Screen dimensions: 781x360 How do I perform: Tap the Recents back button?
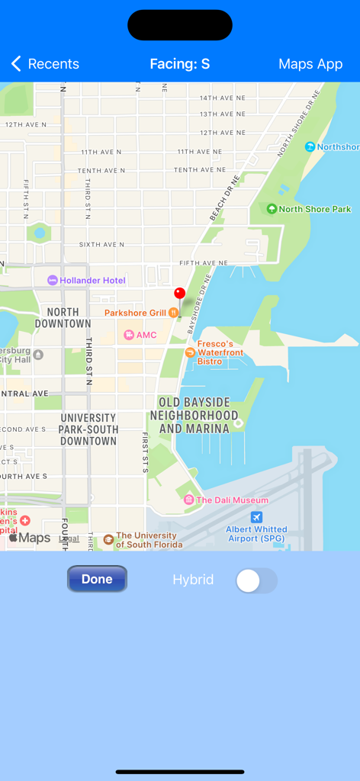(45, 64)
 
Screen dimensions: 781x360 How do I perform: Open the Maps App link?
(310, 64)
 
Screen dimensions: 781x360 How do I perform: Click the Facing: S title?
(180, 64)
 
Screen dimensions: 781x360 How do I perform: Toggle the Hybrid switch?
(256, 580)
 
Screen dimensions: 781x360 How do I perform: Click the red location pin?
(180, 294)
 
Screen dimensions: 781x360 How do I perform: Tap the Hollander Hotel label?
(92, 281)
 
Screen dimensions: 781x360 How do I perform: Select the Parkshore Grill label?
(135, 313)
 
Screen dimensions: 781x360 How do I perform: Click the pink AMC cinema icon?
(129, 335)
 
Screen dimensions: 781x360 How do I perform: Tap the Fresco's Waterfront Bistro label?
(220, 352)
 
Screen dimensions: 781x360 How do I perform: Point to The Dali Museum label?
(232, 500)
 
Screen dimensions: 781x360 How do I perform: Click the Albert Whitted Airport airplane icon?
(256, 517)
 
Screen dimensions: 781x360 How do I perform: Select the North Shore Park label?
(314, 209)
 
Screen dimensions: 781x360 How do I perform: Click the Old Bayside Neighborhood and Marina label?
(194, 415)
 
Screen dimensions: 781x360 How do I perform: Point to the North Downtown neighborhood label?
(63, 318)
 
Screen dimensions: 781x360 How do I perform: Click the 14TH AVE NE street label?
(222, 98)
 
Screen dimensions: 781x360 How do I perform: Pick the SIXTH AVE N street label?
(101, 245)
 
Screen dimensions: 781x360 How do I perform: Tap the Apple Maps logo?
(30, 538)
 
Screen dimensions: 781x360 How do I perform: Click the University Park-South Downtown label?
(88, 429)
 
